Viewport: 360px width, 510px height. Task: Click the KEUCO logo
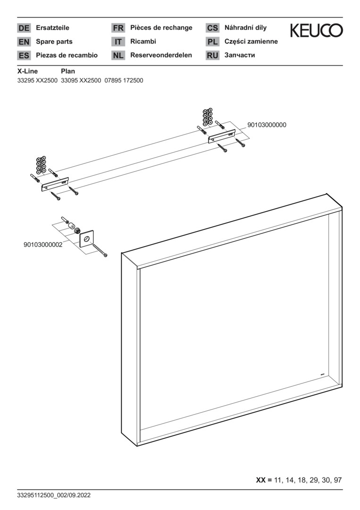pos(316,30)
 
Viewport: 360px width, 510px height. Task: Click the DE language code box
pos(24,28)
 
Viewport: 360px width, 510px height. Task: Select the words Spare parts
pos(54,42)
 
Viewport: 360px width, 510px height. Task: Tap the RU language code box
pos(212,55)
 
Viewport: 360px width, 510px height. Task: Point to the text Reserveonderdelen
pos(161,55)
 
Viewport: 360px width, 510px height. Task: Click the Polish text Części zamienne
pos(251,42)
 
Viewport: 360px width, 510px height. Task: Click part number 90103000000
pos(267,125)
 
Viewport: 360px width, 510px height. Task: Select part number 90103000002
pos(43,245)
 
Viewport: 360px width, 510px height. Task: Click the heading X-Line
pos(27,71)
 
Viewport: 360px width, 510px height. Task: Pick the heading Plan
pos(68,71)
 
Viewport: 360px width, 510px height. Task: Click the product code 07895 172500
pos(124,80)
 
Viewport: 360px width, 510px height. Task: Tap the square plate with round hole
pos(86,239)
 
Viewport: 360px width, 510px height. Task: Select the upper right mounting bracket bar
pos(222,136)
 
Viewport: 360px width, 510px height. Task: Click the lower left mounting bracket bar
pos(55,185)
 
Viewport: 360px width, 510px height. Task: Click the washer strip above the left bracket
pos(41,165)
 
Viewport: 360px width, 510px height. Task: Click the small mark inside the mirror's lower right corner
pos(323,375)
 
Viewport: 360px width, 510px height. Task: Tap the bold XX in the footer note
pos(261,480)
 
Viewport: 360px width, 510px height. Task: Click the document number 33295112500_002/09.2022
pos(54,495)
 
